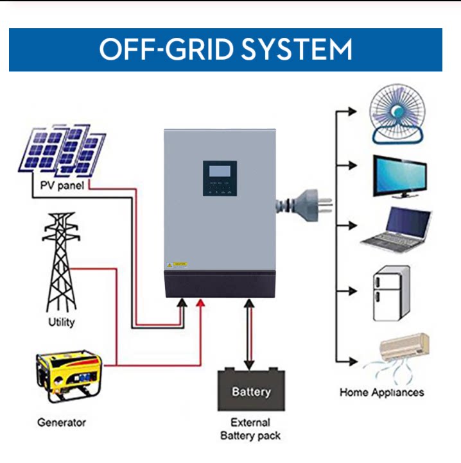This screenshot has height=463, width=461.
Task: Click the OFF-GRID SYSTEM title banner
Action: tap(225, 49)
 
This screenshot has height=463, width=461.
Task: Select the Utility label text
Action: tap(62, 322)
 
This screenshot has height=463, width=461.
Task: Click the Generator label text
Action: tap(62, 423)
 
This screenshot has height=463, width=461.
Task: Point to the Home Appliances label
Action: tap(381, 392)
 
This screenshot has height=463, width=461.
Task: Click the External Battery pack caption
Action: tap(250, 429)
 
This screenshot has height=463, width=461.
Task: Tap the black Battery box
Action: tap(251, 390)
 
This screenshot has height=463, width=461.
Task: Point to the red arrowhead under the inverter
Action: tap(200, 303)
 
